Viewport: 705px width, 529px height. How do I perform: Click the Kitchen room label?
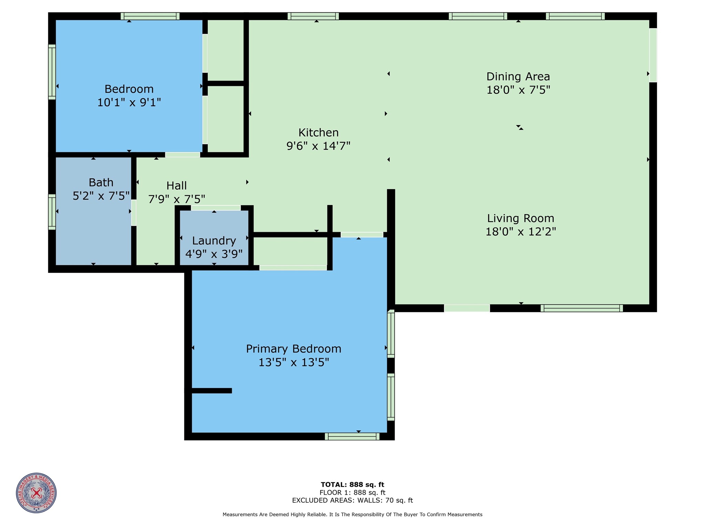pos(318,133)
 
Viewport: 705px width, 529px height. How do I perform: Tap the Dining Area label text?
pos(518,77)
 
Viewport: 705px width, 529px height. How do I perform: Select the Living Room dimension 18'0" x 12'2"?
pos(520,232)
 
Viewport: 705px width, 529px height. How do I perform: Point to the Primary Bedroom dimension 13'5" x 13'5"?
pos(294,363)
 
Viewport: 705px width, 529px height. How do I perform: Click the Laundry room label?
pos(214,241)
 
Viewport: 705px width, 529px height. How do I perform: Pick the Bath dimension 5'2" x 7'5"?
pos(101,196)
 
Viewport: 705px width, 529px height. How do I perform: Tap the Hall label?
pos(176,186)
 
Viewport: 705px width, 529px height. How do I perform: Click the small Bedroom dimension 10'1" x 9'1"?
pos(129,102)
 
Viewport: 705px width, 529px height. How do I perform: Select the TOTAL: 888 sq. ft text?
pos(352,485)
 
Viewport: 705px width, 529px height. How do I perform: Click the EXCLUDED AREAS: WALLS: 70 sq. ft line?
pos(352,500)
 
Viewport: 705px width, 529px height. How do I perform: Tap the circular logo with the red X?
pos(36,493)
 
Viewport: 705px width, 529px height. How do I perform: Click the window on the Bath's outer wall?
pos(52,212)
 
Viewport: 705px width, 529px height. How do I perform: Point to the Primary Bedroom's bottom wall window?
pos(352,436)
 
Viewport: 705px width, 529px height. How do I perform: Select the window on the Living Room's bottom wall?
pos(581,308)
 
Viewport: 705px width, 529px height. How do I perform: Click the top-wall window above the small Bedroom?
pos(150,16)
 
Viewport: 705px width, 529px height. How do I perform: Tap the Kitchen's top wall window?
pos(313,16)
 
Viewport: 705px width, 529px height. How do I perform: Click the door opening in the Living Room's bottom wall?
pos(467,308)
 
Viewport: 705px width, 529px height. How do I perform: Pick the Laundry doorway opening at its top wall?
pos(216,208)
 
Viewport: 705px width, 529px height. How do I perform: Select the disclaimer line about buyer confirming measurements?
pos(352,515)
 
